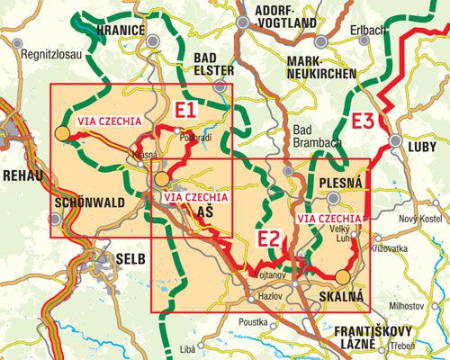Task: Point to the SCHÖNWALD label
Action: click(x=86, y=202)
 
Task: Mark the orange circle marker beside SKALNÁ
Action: click(x=343, y=278)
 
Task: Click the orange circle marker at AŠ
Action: click(x=161, y=179)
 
